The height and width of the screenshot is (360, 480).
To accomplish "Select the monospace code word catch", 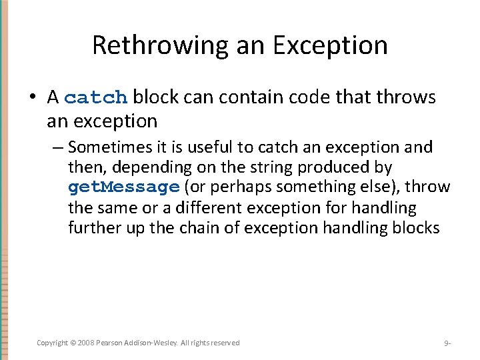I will (97, 98).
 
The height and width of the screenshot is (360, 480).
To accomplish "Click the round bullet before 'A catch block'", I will (33, 98).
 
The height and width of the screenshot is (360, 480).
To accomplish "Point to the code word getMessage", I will (124, 187).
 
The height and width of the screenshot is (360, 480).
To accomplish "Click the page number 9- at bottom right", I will (447, 343).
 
